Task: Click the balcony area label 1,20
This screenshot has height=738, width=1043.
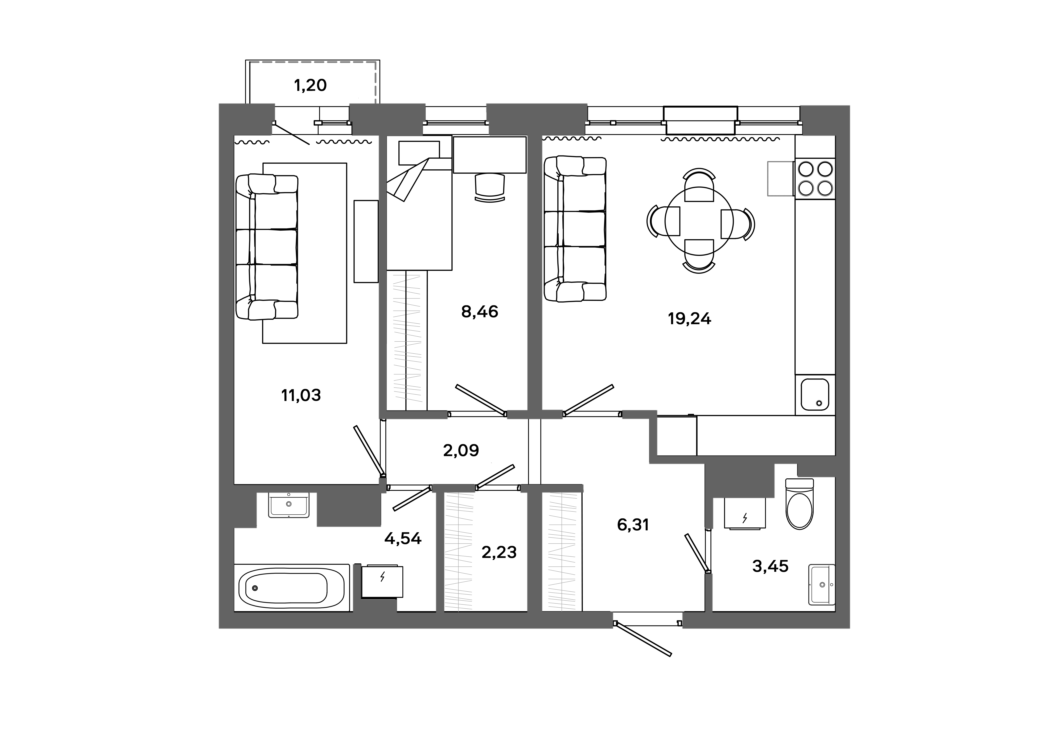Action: tap(310, 85)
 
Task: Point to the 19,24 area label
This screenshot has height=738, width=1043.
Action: tap(689, 319)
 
